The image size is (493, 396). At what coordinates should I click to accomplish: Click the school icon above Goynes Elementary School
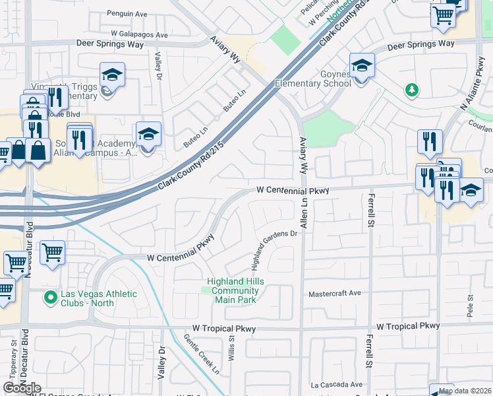361,66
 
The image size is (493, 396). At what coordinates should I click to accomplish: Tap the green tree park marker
411,89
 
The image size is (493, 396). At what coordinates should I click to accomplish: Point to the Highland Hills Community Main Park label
231,290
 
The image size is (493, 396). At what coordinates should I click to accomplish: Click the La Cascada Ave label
337,384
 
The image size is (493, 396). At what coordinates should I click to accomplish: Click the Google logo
22,388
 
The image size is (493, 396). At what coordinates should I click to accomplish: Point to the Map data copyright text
465,391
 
